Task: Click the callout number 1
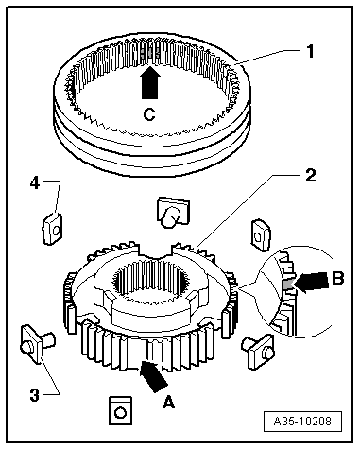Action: (311, 51)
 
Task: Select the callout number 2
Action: (311, 175)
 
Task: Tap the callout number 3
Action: (35, 395)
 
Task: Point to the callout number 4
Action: (35, 182)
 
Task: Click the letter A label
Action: (168, 402)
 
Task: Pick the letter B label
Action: (338, 278)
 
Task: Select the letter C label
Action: (149, 114)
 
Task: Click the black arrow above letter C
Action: (150, 82)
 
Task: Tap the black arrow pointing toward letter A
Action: (153, 376)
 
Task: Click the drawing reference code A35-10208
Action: (302, 421)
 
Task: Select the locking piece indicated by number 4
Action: (52, 229)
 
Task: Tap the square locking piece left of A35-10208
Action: (120, 411)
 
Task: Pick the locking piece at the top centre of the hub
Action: (172, 212)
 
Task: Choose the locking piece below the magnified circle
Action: (258, 351)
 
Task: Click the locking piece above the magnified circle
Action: (261, 235)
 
